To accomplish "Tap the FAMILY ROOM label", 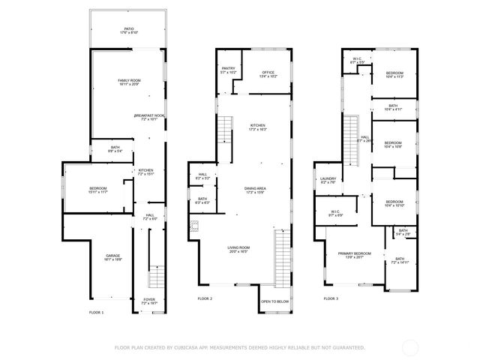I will coord(129,81).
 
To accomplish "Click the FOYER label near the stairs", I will coord(149,298).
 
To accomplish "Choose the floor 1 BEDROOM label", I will coord(98,188).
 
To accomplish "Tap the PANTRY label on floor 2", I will coord(229,69).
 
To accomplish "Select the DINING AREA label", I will coord(255,188).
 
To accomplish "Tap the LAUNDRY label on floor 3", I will coord(328,178).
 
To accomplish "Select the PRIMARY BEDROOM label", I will coord(353,254).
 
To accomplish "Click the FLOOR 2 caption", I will coord(205,299).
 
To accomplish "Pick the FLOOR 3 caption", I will coord(331,299).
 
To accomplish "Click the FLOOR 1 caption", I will coord(97,311).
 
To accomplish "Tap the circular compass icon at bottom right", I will coord(411,347).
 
